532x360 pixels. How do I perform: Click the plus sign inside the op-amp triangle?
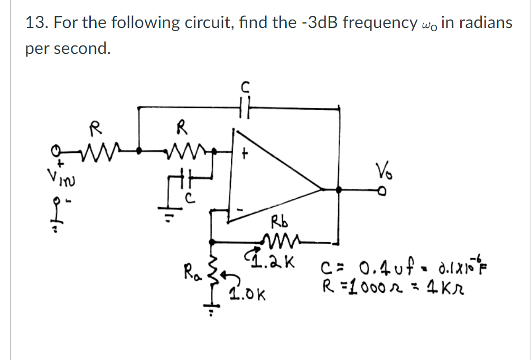click(245, 154)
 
